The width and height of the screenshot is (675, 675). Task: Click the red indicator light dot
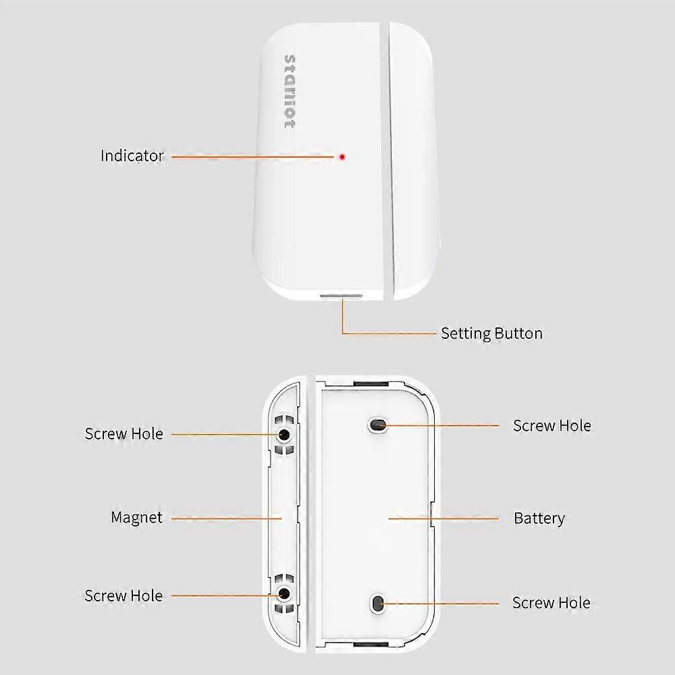pos(342,157)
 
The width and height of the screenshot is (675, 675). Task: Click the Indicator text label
pos(132,156)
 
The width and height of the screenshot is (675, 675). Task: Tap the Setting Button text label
pos(491,333)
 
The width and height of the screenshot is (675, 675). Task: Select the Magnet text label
pos(136,518)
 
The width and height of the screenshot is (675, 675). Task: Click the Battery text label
pos(539,518)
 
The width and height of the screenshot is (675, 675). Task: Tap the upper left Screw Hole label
pos(124,433)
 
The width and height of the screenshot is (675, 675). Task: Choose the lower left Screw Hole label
pos(124,595)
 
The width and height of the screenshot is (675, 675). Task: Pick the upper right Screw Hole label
pos(551,426)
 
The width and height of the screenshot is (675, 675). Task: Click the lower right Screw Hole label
pos(551,603)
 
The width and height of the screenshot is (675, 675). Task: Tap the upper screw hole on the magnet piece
pos(284,434)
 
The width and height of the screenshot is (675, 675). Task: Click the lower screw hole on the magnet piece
pos(284,593)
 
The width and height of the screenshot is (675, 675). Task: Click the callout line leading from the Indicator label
pos(253,157)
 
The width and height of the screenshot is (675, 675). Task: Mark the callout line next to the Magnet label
pos(226,518)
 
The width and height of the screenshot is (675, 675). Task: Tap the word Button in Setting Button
pos(518,333)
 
